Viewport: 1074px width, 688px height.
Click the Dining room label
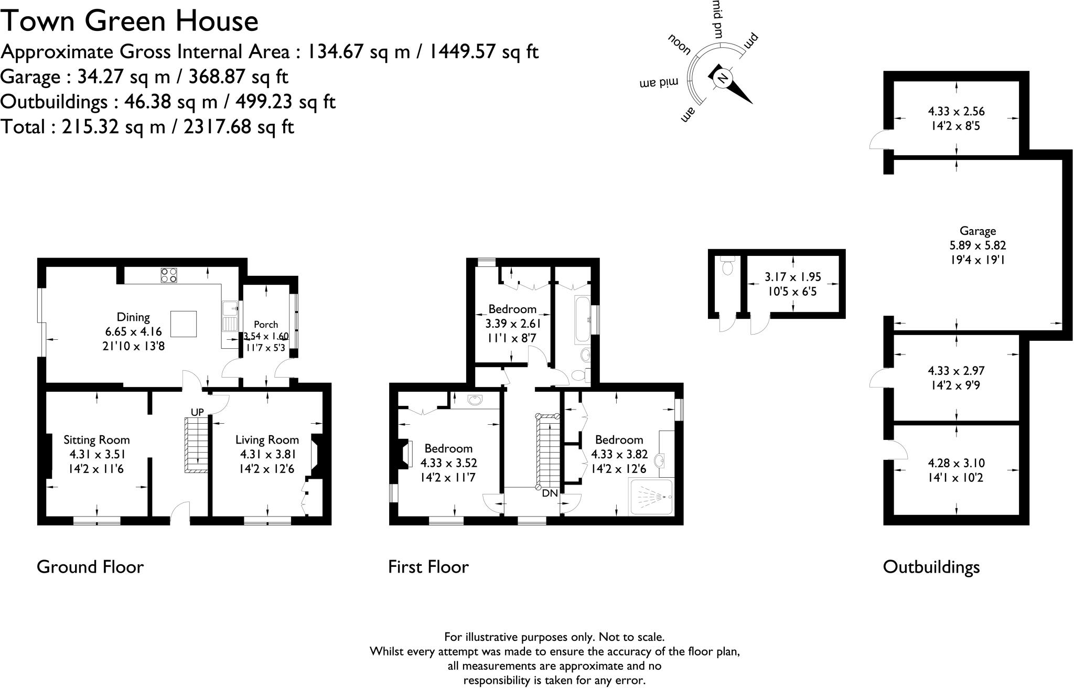pyautogui.click(x=133, y=317)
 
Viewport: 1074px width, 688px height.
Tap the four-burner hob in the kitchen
pyautogui.click(x=169, y=275)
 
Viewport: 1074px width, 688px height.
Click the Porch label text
pyautogui.click(x=266, y=325)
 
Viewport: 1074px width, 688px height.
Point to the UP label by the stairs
pyautogui.click(x=197, y=413)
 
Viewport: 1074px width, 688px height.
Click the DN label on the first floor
pyautogui.click(x=550, y=493)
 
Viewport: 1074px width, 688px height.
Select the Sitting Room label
pyautogui.click(x=96, y=440)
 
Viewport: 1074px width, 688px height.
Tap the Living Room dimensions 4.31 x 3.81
pyautogui.click(x=267, y=455)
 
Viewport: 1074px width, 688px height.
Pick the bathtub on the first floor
pyautogui.click(x=583, y=320)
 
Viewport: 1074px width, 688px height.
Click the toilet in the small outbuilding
pyautogui.click(x=727, y=267)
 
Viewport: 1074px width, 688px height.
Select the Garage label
pyautogui.click(x=978, y=231)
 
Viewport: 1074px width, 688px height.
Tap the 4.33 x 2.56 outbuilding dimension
pyautogui.click(x=956, y=111)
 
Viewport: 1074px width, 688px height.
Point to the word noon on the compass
pyautogui.click(x=679, y=45)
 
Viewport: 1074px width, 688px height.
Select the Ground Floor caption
pyautogui.click(x=90, y=567)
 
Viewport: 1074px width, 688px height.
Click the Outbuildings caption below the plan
pyautogui.click(x=931, y=567)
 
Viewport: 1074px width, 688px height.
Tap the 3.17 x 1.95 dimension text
pyautogui.click(x=792, y=277)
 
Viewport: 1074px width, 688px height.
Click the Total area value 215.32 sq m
pyautogui.click(x=113, y=127)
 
